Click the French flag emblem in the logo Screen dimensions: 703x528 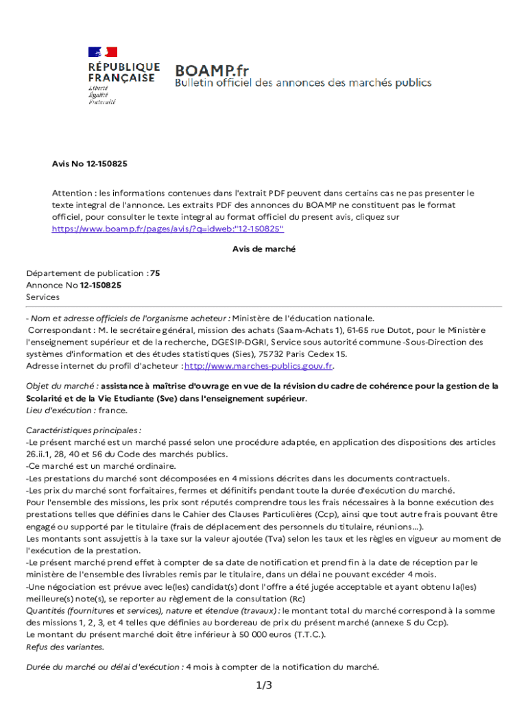[102, 52]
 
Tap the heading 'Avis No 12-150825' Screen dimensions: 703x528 [90, 164]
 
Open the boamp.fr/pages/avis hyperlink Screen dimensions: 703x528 [168, 229]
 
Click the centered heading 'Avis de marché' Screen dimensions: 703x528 [264, 249]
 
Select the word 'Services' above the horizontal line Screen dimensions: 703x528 [43, 297]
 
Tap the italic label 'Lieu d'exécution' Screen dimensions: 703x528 [60, 410]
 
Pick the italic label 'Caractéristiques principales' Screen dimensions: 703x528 [83, 431]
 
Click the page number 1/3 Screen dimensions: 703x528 [264, 685]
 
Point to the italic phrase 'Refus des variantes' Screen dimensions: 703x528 [65, 647]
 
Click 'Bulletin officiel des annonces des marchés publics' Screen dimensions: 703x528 [303, 83]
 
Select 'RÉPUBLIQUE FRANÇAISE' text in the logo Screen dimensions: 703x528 [123, 73]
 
